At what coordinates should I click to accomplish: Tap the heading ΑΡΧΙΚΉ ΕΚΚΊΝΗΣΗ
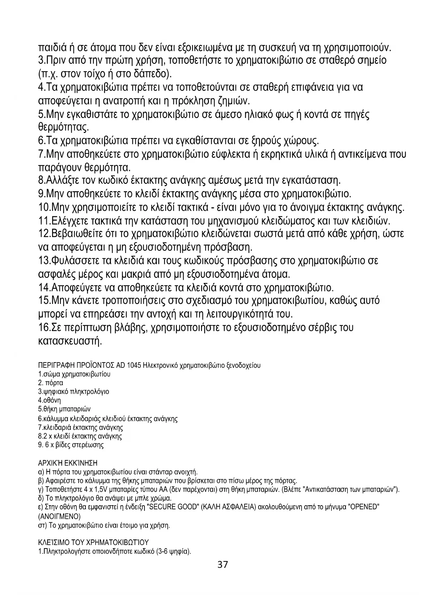click(x=67, y=463)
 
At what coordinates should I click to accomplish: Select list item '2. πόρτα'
click(x=50, y=383)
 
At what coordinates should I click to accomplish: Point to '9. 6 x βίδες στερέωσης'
click(x=70, y=445)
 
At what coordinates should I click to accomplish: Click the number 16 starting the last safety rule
click(x=44, y=328)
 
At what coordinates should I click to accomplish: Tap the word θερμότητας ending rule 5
click(x=63, y=127)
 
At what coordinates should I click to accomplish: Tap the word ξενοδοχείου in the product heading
click(x=244, y=366)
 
